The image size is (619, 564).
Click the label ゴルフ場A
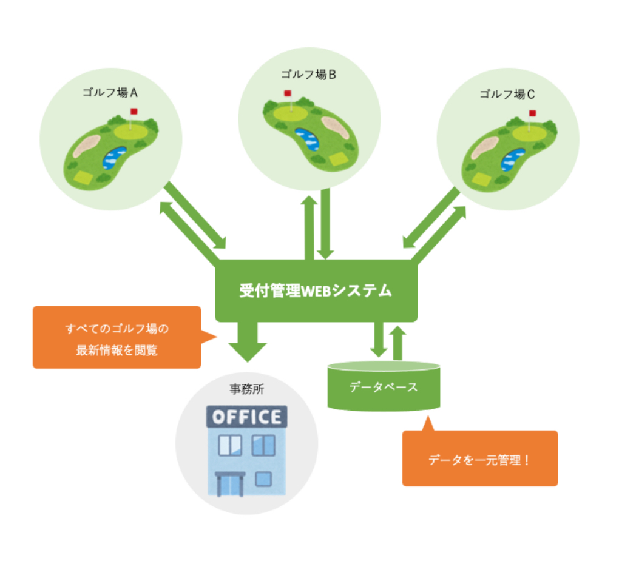tap(110, 93)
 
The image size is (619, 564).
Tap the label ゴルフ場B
tap(308, 75)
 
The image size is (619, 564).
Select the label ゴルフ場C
tap(507, 94)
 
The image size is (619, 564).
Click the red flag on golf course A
tap(134, 112)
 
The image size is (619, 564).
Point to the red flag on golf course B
tap(288, 94)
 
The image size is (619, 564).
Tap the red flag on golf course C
tap(532, 113)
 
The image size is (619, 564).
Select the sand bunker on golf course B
tap(335, 127)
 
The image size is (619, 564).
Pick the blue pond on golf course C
tap(513, 159)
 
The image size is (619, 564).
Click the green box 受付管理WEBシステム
tap(316, 290)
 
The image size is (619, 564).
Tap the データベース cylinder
tap(384, 387)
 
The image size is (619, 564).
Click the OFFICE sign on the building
tap(247, 417)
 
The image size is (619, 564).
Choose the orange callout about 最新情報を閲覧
tap(117, 338)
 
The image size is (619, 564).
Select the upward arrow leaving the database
tap(398, 342)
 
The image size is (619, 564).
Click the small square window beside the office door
tap(263, 479)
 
